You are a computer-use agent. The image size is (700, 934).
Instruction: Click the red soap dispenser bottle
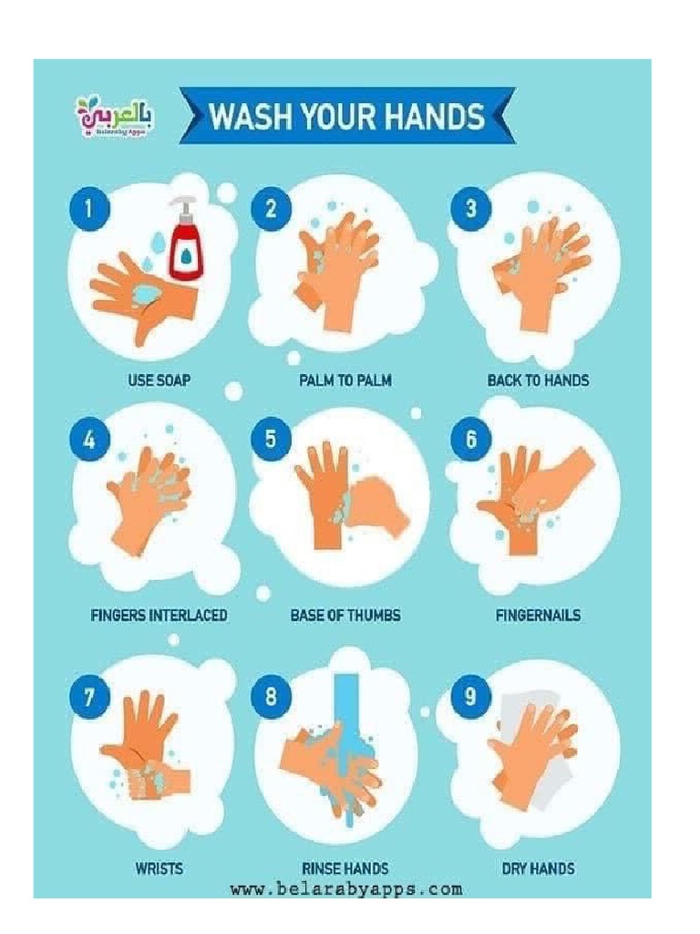(x=186, y=244)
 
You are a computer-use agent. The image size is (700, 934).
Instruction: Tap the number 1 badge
(x=88, y=209)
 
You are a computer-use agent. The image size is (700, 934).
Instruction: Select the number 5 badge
(x=271, y=439)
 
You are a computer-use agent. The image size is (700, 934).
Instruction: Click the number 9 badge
(x=470, y=697)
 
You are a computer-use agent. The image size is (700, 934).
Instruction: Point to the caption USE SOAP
(x=160, y=379)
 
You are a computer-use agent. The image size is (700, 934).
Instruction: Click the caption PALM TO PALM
(x=345, y=379)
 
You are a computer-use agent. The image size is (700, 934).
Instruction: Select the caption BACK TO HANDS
(x=538, y=379)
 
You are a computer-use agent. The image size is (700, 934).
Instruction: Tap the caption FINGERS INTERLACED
(x=159, y=615)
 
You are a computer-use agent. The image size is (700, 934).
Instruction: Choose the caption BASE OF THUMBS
(x=345, y=615)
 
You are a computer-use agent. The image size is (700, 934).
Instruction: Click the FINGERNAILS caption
(x=538, y=615)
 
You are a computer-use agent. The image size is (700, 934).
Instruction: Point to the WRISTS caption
(x=159, y=868)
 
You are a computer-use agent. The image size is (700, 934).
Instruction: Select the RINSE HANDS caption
(x=345, y=868)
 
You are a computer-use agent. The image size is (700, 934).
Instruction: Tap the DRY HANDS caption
(x=538, y=868)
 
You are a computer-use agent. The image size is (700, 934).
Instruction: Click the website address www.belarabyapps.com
(x=345, y=888)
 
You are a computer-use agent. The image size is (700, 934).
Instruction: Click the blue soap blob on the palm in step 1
(x=146, y=293)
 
